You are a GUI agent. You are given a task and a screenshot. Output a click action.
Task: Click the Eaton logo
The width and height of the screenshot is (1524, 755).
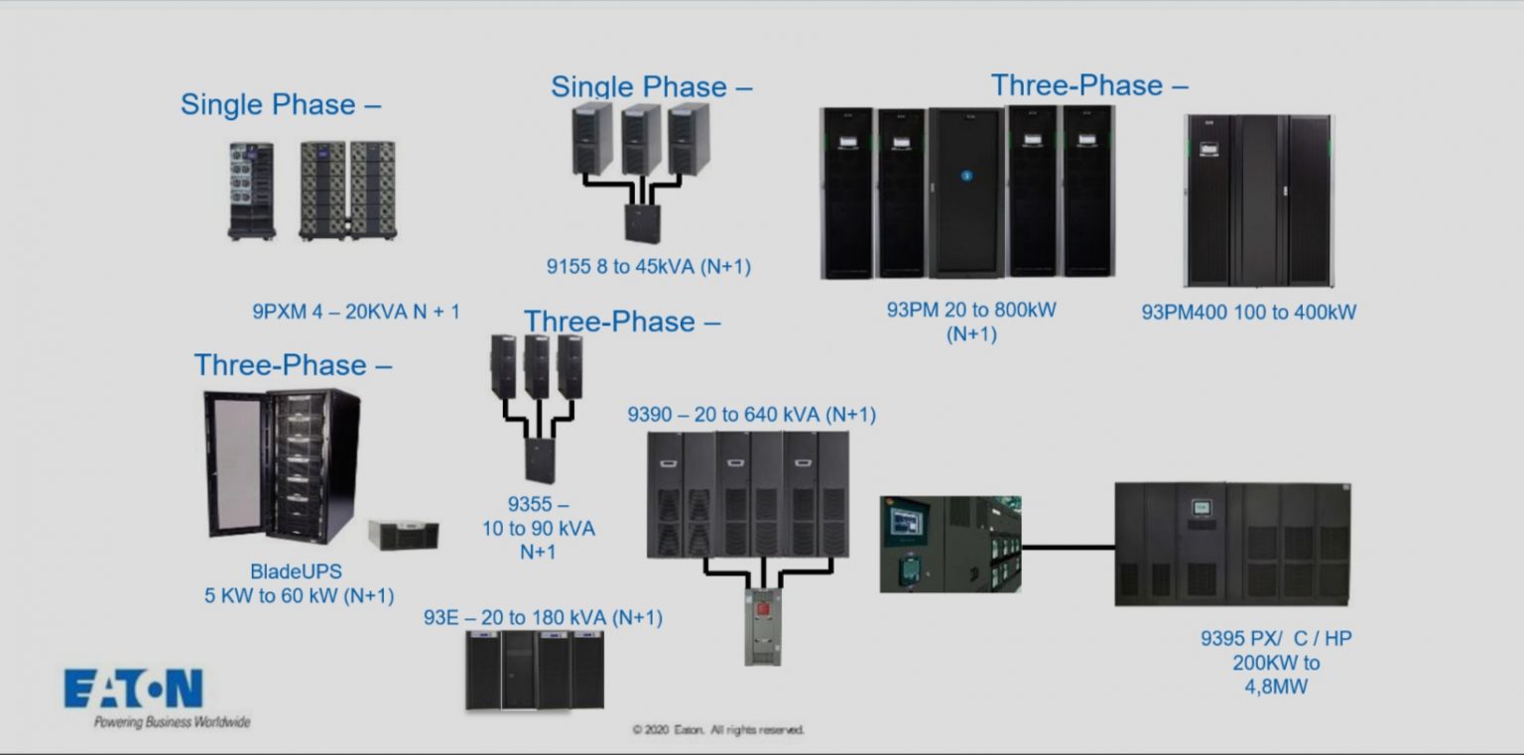point(134,689)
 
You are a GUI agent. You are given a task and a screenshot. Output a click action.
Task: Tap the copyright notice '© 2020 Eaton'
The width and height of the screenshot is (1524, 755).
point(718,730)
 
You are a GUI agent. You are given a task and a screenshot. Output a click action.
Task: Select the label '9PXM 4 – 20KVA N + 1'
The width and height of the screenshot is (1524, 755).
point(356,312)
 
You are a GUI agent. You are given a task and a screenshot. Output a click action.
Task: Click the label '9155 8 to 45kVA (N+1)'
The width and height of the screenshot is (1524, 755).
point(648,266)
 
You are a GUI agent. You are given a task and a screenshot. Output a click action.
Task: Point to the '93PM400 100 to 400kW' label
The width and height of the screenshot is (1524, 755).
point(1248,313)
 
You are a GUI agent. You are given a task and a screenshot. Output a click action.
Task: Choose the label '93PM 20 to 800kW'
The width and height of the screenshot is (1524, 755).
point(971,310)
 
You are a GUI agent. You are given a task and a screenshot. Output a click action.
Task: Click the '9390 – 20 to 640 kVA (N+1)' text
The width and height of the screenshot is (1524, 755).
point(751,415)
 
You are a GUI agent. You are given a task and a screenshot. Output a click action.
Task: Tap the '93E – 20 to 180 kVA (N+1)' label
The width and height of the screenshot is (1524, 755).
point(543,618)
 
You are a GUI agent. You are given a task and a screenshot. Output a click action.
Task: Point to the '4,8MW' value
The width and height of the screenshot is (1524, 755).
point(1275,686)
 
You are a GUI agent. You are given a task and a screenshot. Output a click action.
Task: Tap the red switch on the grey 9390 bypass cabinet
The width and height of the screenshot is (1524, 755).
point(764,607)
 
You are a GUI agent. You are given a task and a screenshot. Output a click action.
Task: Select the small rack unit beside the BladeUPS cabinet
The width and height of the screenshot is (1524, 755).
point(403,535)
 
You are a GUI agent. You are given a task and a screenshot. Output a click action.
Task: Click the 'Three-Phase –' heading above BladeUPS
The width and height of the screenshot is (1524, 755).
point(293,365)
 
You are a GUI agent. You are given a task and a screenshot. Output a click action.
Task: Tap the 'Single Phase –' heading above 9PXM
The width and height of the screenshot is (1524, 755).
point(281,104)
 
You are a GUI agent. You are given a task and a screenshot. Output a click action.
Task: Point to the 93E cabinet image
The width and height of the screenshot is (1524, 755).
point(535,670)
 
